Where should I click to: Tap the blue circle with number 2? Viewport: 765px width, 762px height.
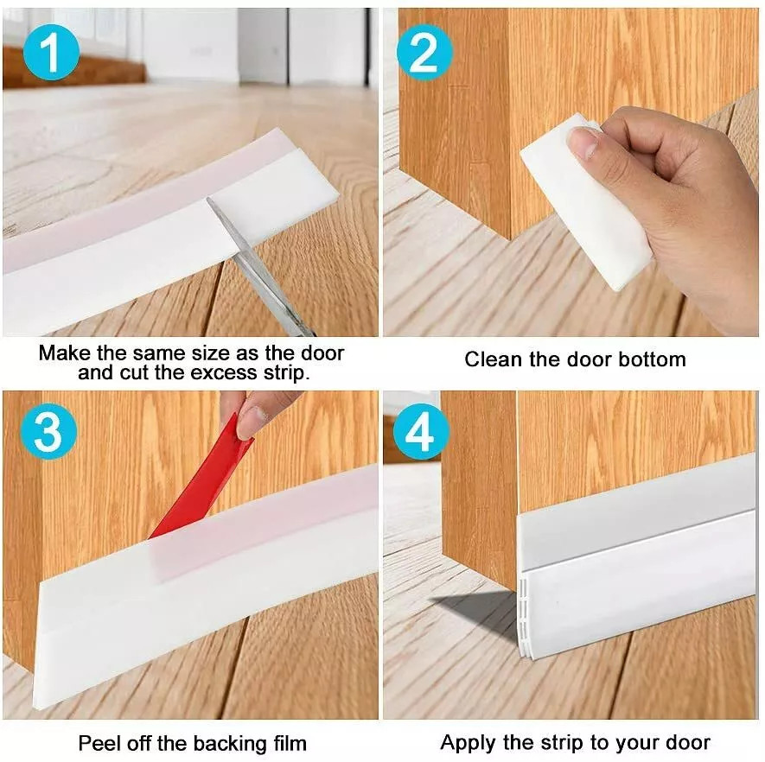tap(424, 53)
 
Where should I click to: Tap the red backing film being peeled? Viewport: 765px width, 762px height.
tap(203, 487)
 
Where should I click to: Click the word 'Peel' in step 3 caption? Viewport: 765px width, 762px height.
tap(99, 743)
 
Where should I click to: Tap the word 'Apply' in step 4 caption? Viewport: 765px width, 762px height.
tap(469, 742)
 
